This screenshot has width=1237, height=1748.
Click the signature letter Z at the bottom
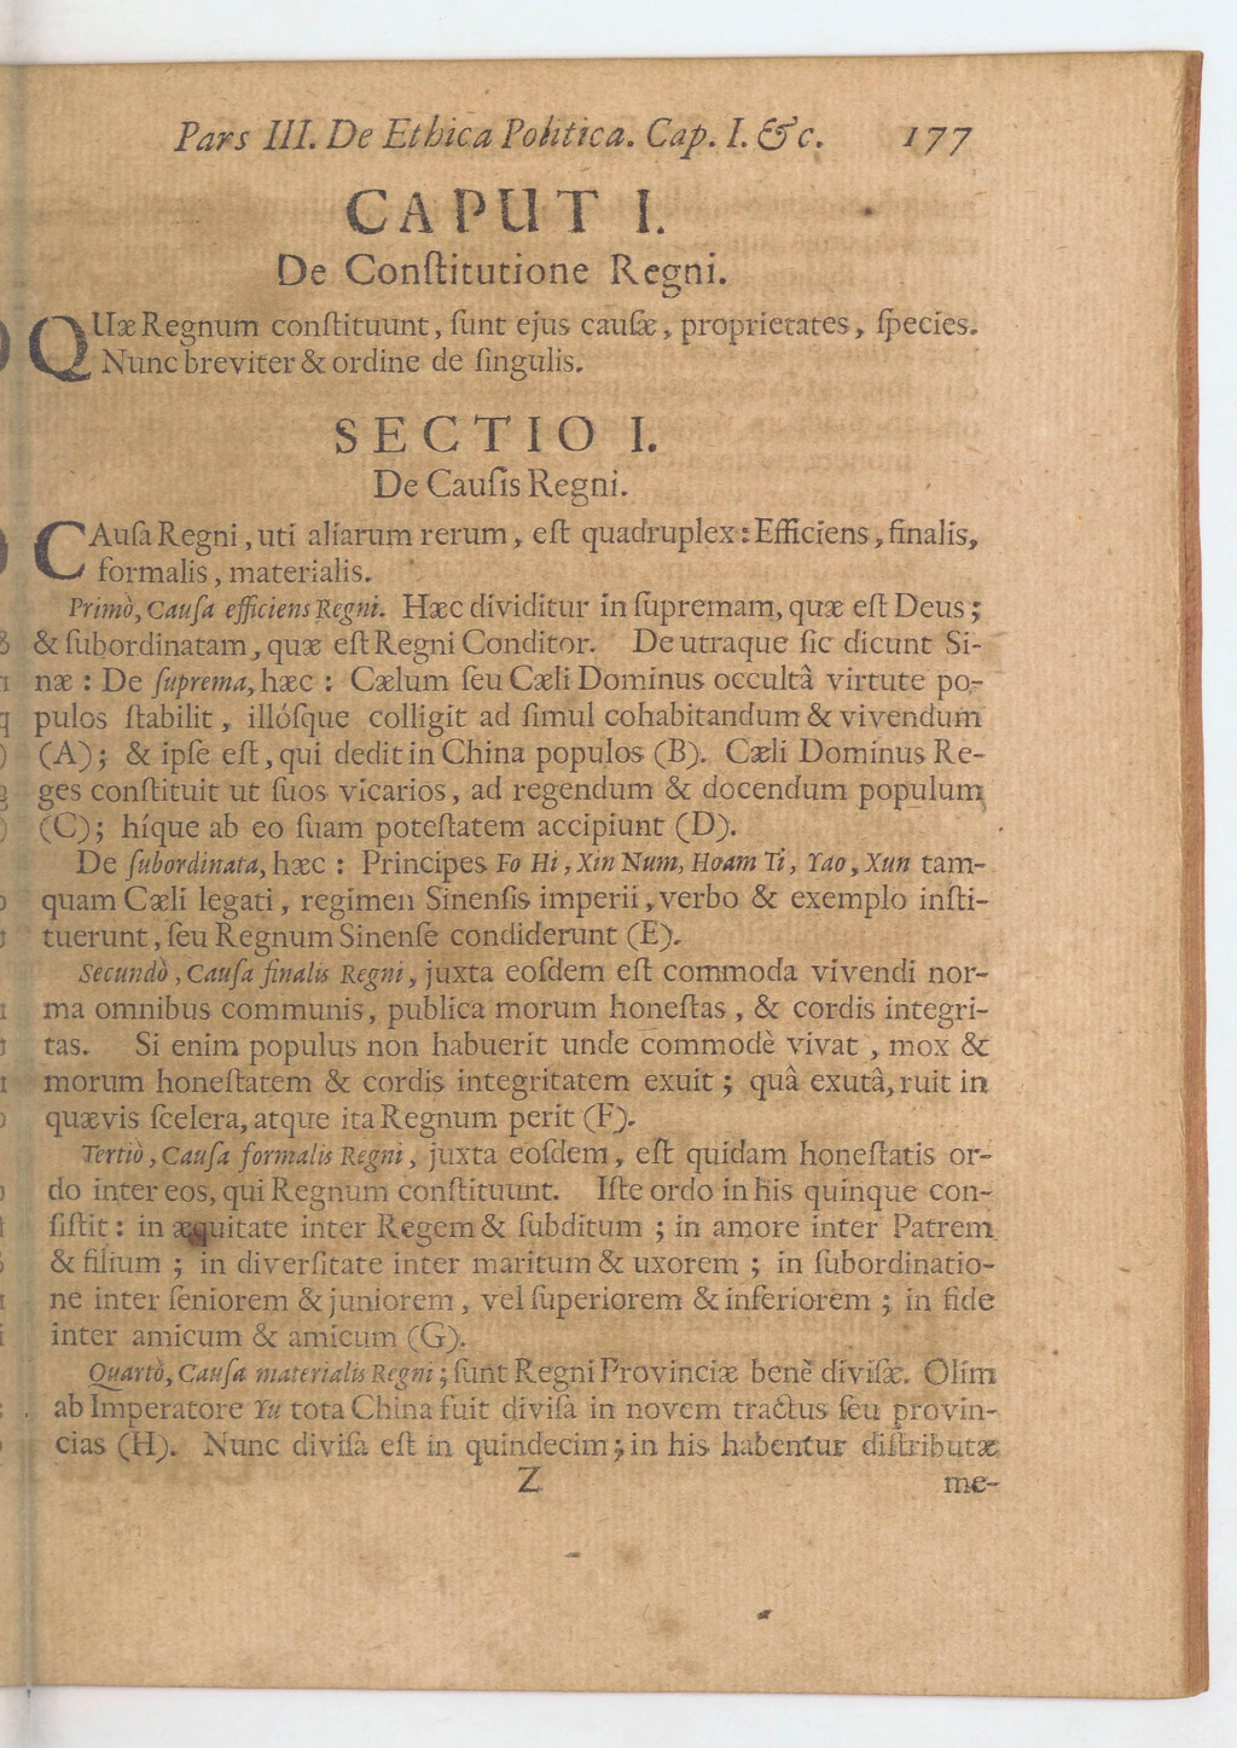click(529, 1482)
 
